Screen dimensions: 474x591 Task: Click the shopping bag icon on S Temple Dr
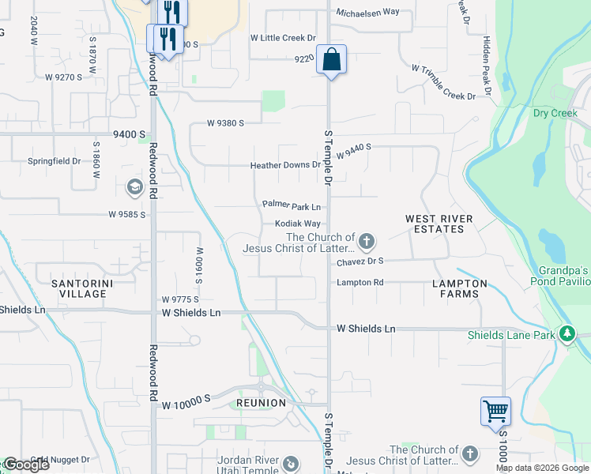[x=332, y=59]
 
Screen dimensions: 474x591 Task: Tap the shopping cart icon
[x=495, y=411]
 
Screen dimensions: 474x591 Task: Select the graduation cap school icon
[x=134, y=186]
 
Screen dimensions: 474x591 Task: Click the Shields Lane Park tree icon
[x=567, y=334]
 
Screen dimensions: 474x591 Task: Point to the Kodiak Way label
[x=297, y=224]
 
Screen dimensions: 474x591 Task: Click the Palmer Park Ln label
[x=292, y=205]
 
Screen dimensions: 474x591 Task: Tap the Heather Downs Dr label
[x=285, y=166]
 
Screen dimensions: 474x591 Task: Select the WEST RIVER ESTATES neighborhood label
[x=439, y=224]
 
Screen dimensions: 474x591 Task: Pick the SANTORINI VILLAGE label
[x=78, y=288]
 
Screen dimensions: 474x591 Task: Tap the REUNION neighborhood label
[x=261, y=403]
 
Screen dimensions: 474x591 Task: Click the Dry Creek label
[x=555, y=113]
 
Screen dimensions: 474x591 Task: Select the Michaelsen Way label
[x=367, y=13]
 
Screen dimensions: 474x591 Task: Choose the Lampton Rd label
[x=359, y=282]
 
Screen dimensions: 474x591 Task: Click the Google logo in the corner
[x=25, y=464]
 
